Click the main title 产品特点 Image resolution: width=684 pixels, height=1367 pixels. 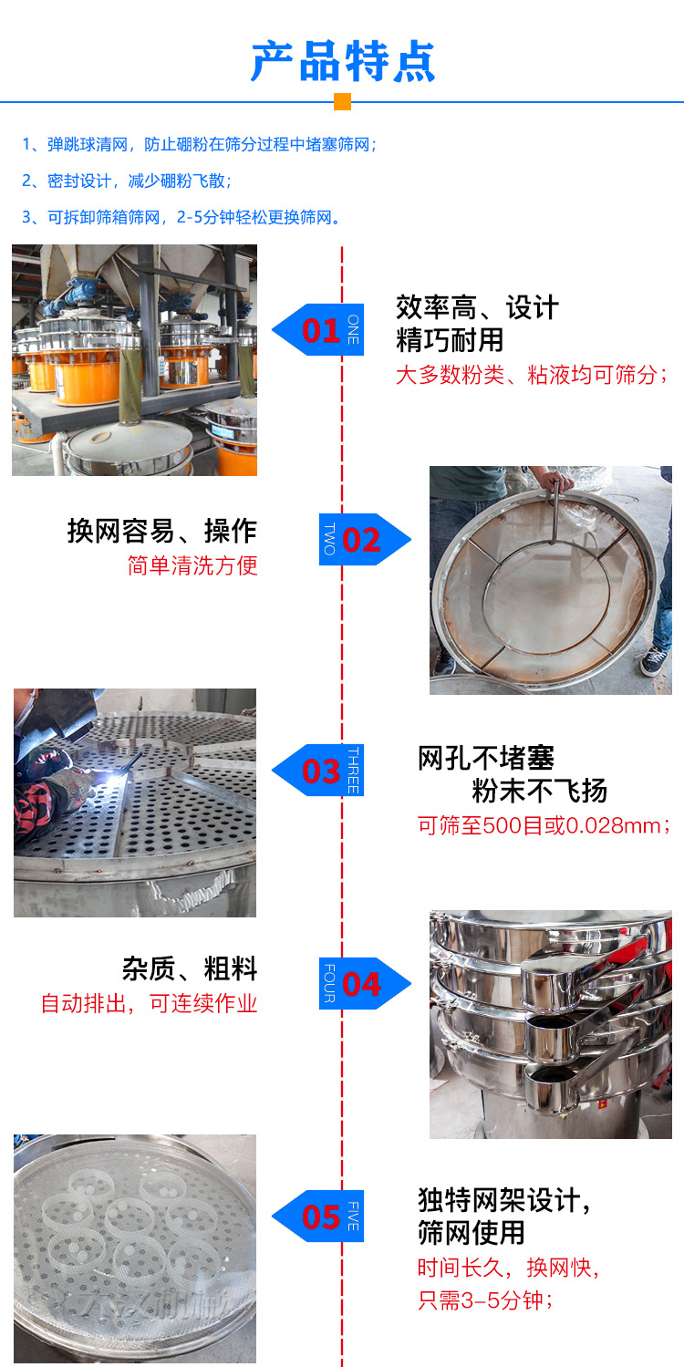pyautogui.click(x=343, y=61)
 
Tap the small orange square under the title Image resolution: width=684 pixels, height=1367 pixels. pyautogui.click(x=342, y=101)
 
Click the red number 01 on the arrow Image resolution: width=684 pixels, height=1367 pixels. pyautogui.click(x=320, y=330)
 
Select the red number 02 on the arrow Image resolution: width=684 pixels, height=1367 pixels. pyautogui.click(x=362, y=540)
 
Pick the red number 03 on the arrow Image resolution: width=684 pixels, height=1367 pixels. pyautogui.click(x=320, y=772)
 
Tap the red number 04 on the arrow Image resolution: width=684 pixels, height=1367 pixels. pyautogui.click(x=362, y=984)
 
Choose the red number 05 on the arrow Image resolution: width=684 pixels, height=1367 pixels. pyautogui.click(x=320, y=1217)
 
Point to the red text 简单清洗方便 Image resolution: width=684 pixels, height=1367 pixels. pyautogui.click(x=192, y=565)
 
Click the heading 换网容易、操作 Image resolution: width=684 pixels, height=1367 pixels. pyautogui.click(x=162, y=531)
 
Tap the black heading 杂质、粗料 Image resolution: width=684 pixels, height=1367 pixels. pyautogui.click(x=190, y=968)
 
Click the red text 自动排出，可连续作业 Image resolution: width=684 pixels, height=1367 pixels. pyautogui.click(x=149, y=1004)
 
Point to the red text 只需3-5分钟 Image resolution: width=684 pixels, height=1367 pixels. pyautogui.click(x=485, y=1300)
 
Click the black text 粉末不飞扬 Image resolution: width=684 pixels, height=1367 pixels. pyautogui.click(x=539, y=791)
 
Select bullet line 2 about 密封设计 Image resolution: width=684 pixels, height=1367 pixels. pyautogui.click(x=127, y=181)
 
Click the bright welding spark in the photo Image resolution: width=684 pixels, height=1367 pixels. pyautogui.click(x=119, y=772)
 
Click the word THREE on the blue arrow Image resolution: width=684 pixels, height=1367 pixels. pyautogui.click(x=353, y=771)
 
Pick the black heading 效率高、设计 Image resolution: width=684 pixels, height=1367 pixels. pyautogui.click(x=476, y=308)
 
